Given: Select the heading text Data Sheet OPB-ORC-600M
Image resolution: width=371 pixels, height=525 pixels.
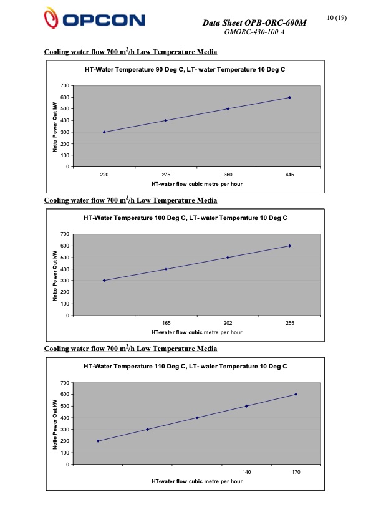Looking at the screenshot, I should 255,23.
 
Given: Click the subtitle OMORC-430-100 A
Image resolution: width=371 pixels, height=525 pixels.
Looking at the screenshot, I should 254,32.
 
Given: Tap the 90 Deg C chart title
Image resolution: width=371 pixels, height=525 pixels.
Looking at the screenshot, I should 185,70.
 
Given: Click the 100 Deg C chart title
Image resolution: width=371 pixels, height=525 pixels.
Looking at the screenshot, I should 185,218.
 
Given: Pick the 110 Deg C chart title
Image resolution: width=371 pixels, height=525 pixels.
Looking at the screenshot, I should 185,367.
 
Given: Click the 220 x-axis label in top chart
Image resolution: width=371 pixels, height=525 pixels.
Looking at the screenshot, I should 104,176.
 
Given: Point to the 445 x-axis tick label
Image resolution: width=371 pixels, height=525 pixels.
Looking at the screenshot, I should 290,176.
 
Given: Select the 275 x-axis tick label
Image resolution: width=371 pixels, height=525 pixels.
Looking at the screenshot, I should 166,176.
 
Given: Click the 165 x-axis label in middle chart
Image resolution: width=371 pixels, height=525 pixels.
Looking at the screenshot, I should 166,324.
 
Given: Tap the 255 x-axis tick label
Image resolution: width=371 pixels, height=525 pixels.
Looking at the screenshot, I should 290,324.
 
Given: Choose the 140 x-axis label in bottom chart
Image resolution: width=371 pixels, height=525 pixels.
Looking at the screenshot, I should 246,473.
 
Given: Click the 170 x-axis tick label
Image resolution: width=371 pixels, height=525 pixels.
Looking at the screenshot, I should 296,473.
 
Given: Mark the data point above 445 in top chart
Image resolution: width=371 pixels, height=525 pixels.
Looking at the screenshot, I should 290,97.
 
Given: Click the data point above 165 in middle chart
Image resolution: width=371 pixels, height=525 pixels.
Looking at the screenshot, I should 166,269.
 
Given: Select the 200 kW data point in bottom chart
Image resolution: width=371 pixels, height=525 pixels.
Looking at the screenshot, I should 98,441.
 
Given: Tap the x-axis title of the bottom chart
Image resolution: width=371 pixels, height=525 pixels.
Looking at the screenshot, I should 197,482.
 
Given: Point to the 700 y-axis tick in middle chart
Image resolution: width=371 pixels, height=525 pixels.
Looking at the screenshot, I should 64,234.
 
